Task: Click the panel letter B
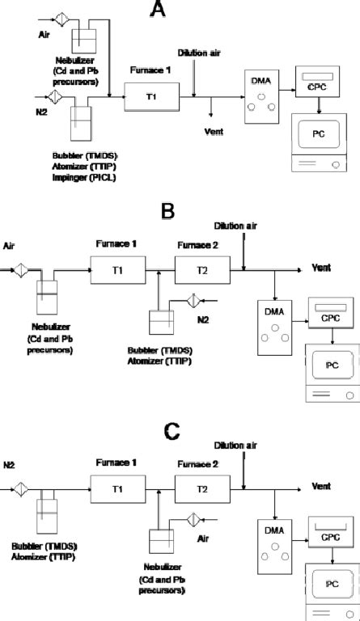click(x=167, y=212)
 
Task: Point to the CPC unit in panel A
click(x=316, y=87)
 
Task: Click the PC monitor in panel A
click(x=321, y=136)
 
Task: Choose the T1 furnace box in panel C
click(x=113, y=490)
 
